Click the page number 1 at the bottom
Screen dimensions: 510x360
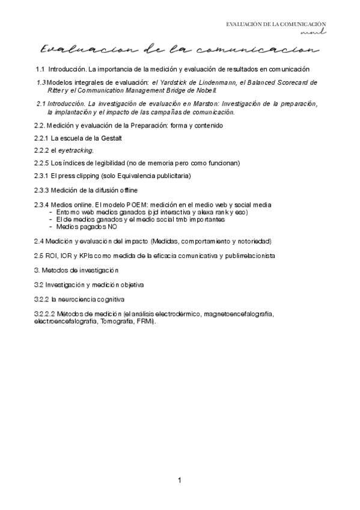[x=180, y=481]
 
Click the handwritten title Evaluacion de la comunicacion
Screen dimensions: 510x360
[x=178, y=48]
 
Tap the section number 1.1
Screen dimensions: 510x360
[x=40, y=69]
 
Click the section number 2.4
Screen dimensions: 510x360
[x=40, y=241]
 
